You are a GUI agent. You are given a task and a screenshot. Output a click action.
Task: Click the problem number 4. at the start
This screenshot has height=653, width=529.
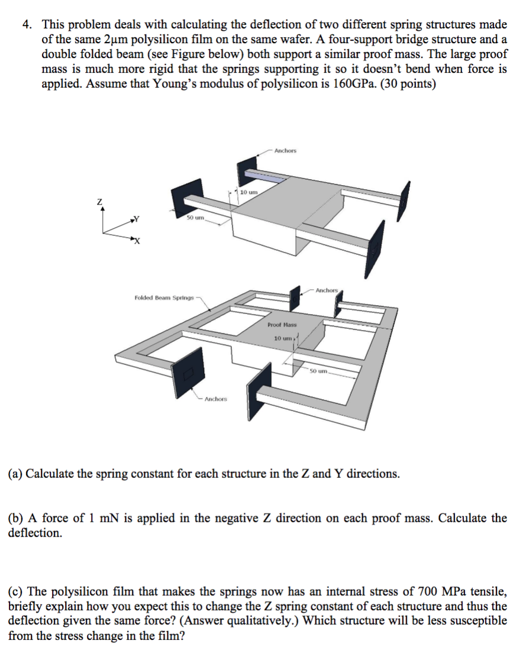coord(27,25)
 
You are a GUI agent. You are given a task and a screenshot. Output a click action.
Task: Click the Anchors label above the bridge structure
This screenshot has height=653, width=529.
coord(285,151)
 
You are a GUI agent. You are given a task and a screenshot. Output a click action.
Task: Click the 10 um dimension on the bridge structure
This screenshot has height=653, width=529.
coord(249,192)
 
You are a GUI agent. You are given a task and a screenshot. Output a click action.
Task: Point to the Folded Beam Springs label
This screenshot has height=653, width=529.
coord(164,297)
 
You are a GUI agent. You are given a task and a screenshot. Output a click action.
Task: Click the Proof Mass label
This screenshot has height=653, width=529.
coord(282,325)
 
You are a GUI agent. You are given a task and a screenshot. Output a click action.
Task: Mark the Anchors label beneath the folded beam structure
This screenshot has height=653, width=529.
coord(215,399)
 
